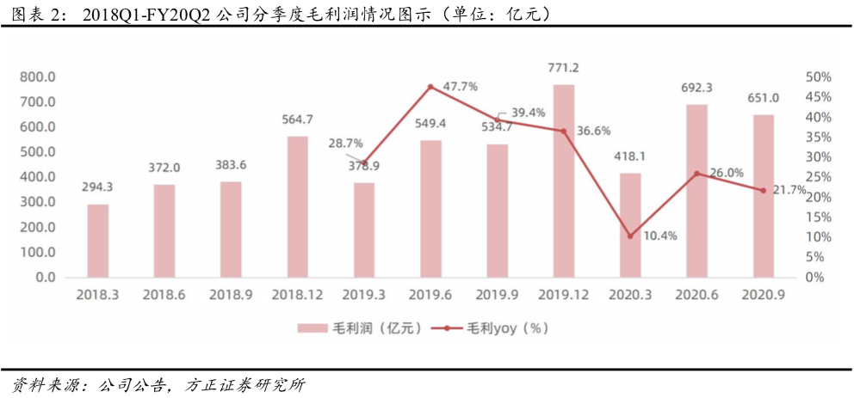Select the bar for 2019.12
564,181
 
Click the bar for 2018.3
98,241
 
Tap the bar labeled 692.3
696,191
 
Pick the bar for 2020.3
630,225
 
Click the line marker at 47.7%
430,87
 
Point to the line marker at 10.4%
630,236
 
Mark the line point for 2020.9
763,190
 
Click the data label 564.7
297,119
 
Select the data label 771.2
564,68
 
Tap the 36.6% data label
594,131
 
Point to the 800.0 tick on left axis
37,77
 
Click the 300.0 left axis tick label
37,202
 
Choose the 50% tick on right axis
819,77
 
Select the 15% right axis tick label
819,217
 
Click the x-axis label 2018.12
297,295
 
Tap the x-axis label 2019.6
430,295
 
